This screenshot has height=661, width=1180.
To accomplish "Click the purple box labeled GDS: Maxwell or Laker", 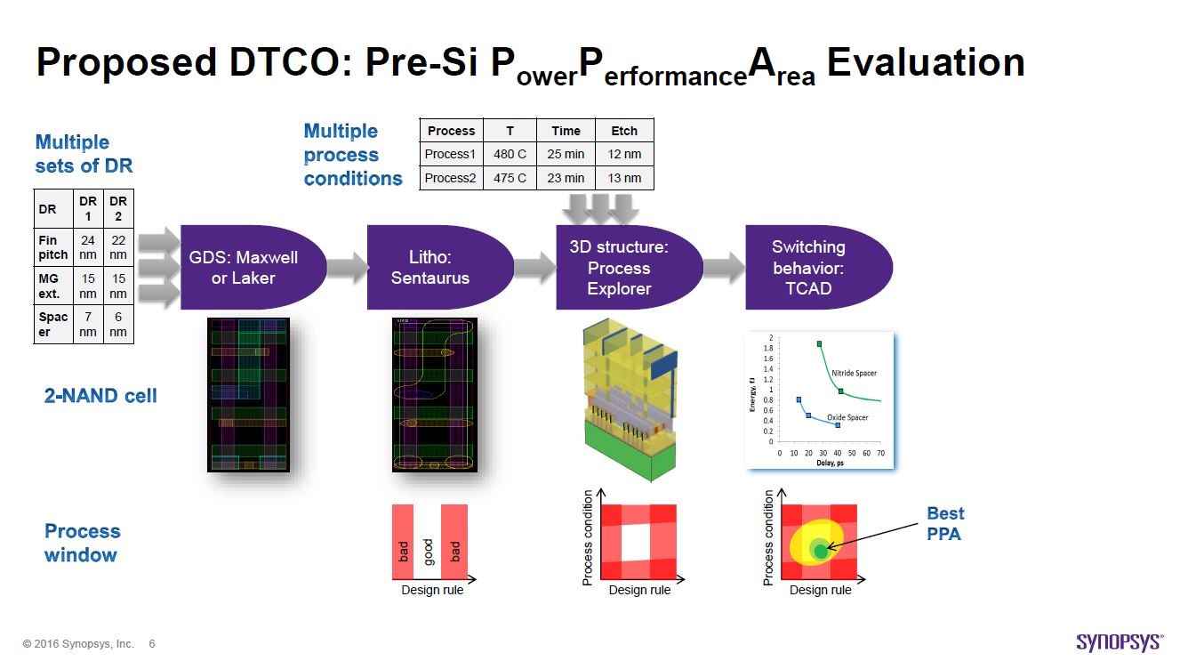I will coord(244,267).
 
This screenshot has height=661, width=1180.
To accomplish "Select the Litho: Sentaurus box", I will coord(432,267).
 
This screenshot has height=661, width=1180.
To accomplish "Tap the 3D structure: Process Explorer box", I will coord(620,267).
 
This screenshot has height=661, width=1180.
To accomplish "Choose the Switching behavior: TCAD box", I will coord(808,267).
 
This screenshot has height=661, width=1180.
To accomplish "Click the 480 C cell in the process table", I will coord(510,154).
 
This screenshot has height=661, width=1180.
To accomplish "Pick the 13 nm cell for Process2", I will coord(624,178).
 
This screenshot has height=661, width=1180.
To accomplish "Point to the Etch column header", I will coord(624,131).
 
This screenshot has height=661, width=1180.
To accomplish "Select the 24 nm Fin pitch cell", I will coord(88,247).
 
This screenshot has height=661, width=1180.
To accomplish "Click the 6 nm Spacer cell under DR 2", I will coord(118,325).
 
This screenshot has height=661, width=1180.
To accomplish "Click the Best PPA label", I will coord(944,523).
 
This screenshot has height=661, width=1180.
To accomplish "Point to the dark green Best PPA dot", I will coord(821,551).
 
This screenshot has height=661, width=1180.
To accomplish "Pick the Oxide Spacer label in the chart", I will coord(847,416).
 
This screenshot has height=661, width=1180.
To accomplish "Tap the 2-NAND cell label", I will coord(100,396).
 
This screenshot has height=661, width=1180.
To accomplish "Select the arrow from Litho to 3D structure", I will coord(535,267).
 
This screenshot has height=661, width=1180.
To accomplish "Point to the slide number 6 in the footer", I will coord(152,643).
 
